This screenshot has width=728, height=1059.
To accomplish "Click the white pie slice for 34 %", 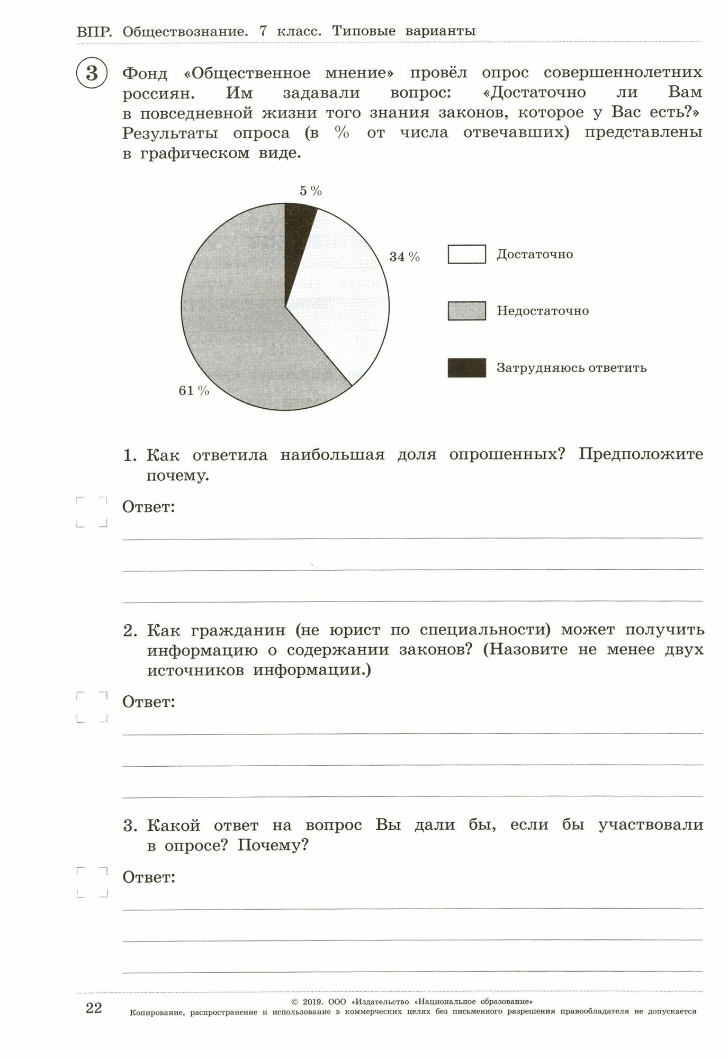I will [344, 297].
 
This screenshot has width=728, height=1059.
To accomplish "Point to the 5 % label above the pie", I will [311, 191].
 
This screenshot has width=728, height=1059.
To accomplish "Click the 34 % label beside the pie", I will [405, 257].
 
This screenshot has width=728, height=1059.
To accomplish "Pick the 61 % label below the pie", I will [194, 391].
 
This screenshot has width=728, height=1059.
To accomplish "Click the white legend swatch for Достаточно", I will [466, 254].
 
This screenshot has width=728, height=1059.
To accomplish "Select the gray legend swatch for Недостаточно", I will [466, 311].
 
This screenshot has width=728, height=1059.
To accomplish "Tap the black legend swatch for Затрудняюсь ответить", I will [466, 367].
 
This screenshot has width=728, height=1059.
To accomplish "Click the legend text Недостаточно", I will [543, 311].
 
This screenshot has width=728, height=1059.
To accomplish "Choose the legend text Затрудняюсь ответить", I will [571, 367].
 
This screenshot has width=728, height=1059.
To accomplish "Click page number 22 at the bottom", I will [93, 1008].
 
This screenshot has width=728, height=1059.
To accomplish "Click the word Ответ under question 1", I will [148, 507].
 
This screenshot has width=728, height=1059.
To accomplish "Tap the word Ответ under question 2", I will [148, 702].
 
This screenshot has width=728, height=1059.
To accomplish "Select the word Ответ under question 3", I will [148, 877].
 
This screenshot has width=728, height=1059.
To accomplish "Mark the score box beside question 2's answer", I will [92, 707].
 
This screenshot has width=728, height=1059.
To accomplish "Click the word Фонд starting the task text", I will [145, 73].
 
